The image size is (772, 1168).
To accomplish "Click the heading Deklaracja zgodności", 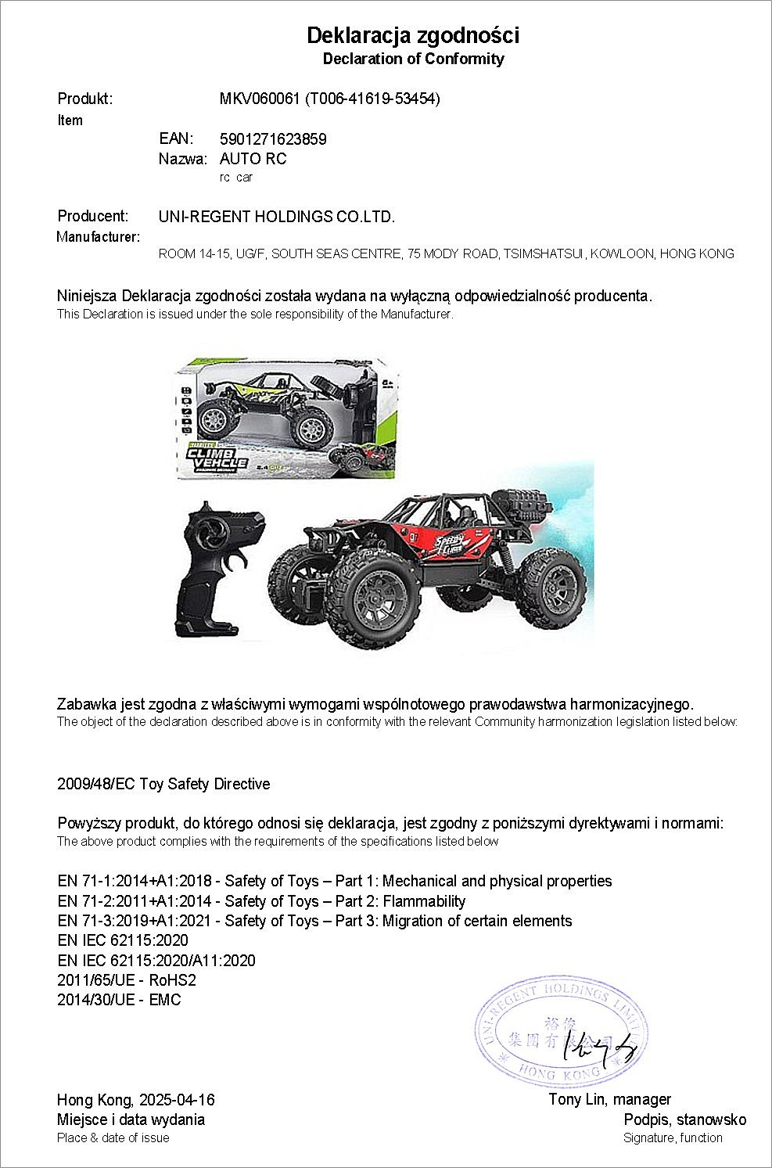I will (x=413, y=35).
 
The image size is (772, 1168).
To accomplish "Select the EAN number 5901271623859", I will (x=273, y=139).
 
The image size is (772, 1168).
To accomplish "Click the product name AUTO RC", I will (x=253, y=159).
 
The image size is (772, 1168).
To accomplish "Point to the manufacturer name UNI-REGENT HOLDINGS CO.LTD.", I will (x=276, y=217).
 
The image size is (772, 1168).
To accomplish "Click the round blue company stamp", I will (x=561, y=1030).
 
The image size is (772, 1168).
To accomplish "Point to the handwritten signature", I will (x=602, y=1045).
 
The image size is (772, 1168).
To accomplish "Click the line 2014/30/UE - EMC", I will (x=119, y=1000).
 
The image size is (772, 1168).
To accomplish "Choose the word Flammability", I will (x=424, y=901).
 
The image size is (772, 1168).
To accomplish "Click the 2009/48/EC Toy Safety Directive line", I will (x=163, y=784).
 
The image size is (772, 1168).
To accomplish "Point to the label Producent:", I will (x=92, y=216).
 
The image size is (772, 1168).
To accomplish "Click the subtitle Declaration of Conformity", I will (x=413, y=59).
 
